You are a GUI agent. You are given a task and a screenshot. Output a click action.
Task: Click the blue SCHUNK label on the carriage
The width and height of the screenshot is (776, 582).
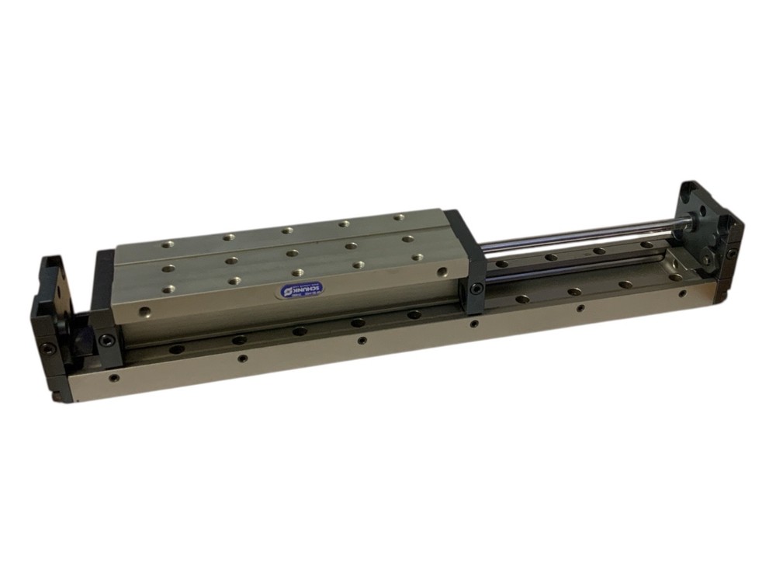tap(303, 289)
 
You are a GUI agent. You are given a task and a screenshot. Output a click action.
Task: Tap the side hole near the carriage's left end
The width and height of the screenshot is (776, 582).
tap(143, 313)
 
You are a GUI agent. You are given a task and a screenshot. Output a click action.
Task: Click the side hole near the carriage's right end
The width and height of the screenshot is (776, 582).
tap(442, 272)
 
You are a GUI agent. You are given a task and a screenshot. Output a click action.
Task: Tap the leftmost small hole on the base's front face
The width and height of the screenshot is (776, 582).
tap(114, 378)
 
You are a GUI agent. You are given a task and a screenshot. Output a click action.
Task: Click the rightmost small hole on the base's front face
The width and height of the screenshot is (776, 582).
tap(682, 293)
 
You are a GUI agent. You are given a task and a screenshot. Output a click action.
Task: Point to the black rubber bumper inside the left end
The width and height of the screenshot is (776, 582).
tap(81, 341)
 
